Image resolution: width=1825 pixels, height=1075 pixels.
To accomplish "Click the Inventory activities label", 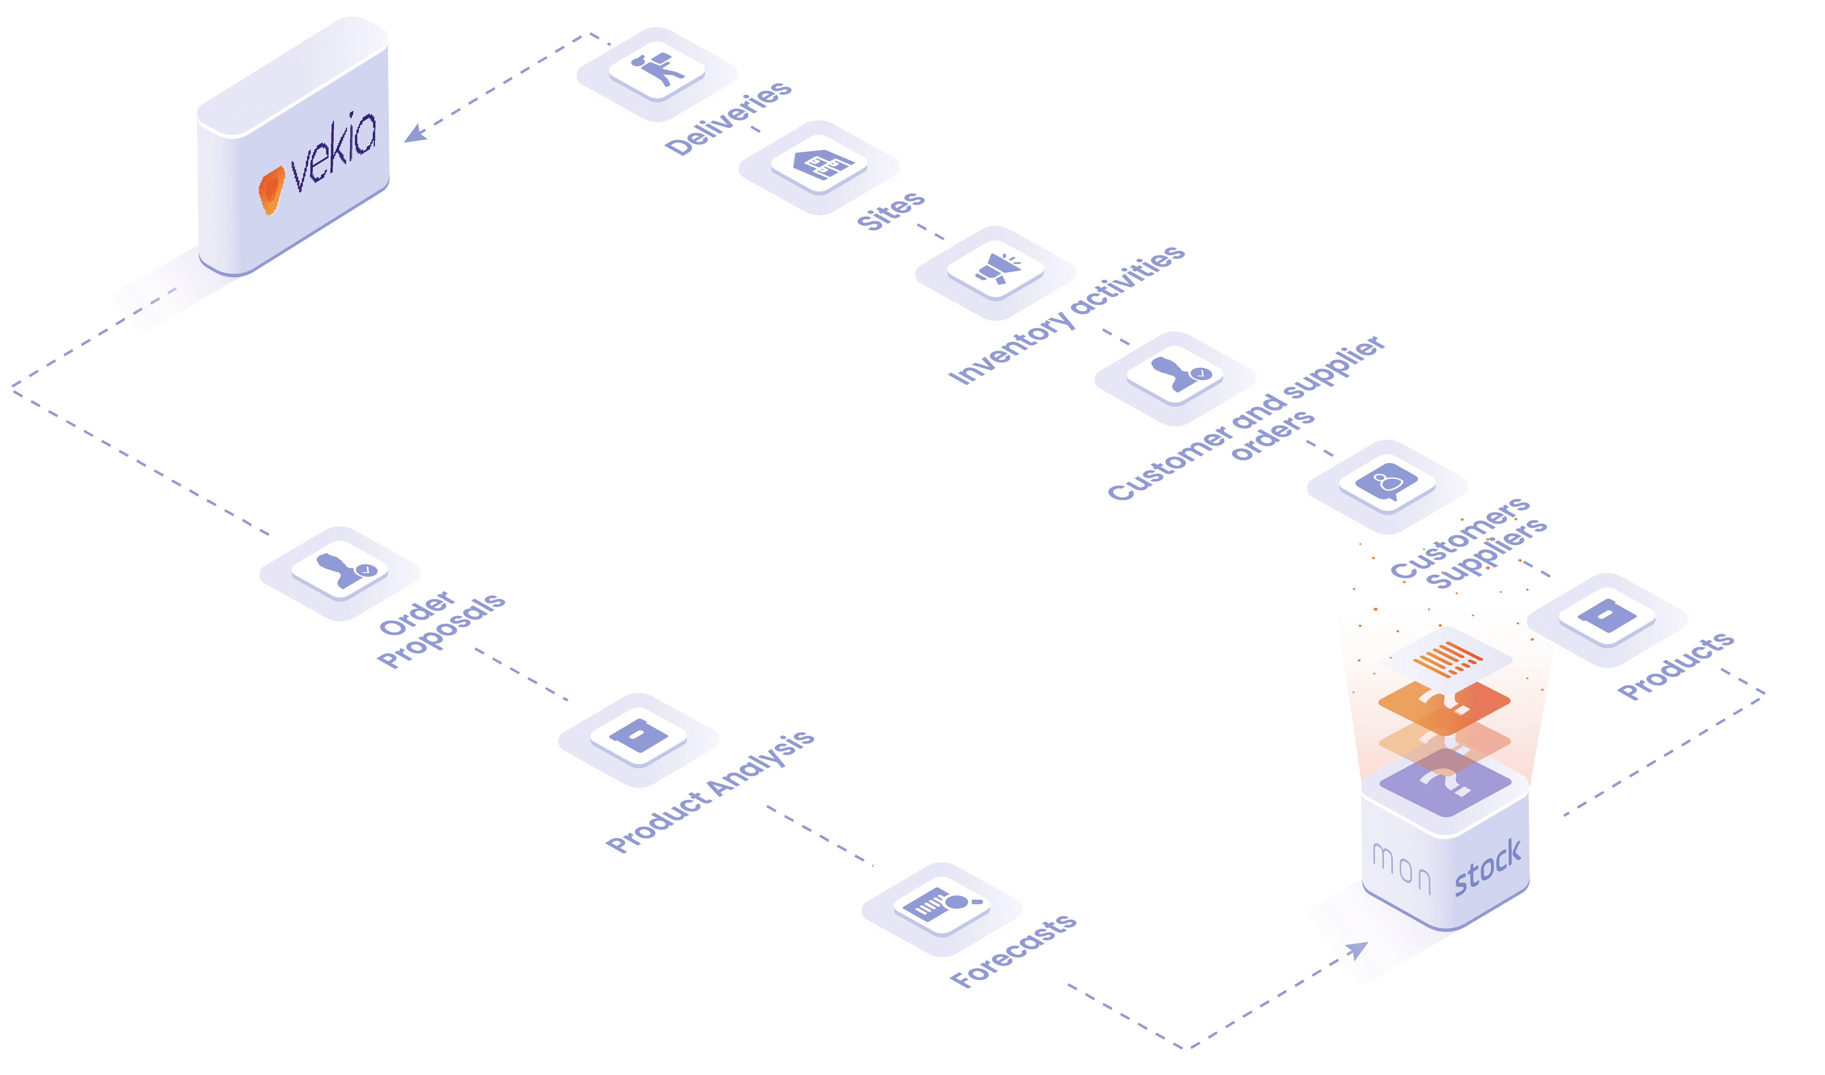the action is click(1066, 314).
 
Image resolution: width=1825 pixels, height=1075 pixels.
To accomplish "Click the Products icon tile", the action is click(1607, 619).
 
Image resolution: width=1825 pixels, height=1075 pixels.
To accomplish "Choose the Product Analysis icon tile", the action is click(638, 739).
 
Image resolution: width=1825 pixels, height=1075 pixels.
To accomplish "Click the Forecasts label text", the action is click(1013, 950).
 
